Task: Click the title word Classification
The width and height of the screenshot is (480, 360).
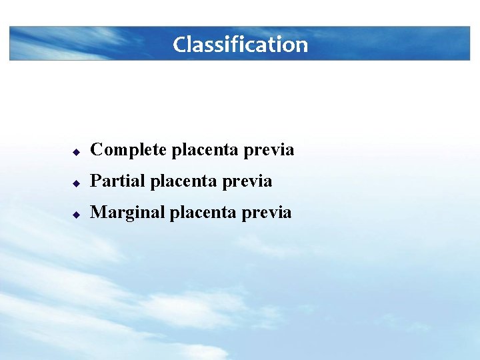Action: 240,45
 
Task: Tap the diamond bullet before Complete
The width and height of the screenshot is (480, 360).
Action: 77,152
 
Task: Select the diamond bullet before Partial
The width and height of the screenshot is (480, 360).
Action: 77,183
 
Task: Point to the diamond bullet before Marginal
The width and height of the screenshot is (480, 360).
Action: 77,215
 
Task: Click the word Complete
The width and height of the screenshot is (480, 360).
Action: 129,151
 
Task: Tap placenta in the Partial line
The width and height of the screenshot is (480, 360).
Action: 177,181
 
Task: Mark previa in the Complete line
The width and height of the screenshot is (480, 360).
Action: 269,151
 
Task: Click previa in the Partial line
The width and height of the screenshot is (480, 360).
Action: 248,181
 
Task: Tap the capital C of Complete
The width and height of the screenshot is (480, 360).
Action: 97,150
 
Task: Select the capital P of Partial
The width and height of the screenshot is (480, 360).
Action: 95,181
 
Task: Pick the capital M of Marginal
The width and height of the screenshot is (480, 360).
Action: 98,213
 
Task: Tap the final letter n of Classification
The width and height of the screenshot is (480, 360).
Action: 301,46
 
